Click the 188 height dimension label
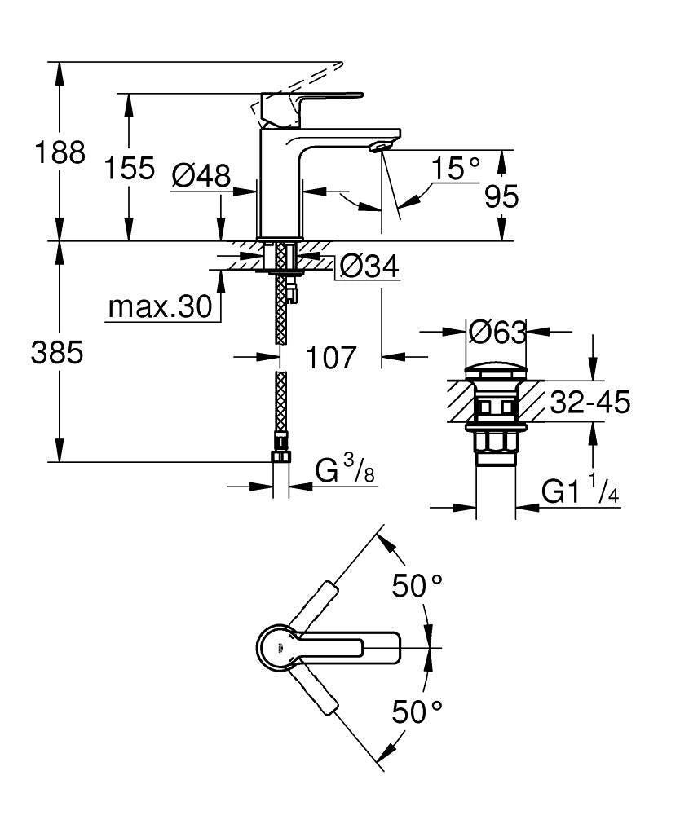(x=59, y=152)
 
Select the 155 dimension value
(x=130, y=168)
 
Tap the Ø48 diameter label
(x=201, y=174)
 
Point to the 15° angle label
(x=456, y=169)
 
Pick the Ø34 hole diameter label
(x=369, y=266)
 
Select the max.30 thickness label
(x=160, y=307)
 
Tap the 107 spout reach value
(x=332, y=356)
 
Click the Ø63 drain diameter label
(x=497, y=332)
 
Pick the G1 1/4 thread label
(x=578, y=492)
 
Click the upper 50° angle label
(x=417, y=585)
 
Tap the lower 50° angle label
(x=417, y=711)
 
